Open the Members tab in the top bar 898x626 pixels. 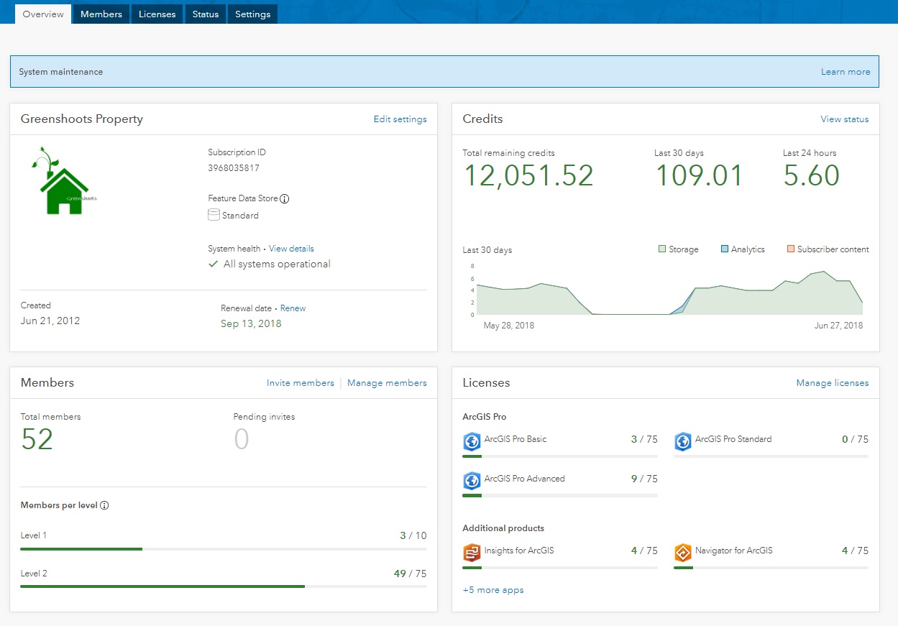tap(101, 14)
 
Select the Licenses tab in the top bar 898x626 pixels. tap(157, 14)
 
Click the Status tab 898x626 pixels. tap(206, 14)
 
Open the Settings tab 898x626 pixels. tap(253, 14)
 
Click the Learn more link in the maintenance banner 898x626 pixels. tap(846, 72)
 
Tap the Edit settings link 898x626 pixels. tap(400, 119)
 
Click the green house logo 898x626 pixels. tap(63, 182)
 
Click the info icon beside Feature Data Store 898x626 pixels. tap(284, 198)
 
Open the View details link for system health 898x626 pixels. tap(291, 249)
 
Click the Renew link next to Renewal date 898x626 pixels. tap(293, 308)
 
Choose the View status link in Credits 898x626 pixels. tap(844, 119)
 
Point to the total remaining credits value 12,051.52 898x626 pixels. tap(528, 176)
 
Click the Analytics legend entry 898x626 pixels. tap(743, 249)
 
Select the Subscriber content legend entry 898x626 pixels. tap(828, 249)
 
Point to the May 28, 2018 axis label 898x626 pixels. tap(509, 326)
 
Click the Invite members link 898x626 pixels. tap(301, 383)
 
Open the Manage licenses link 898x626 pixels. tap(832, 383)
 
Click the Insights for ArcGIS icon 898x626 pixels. tap(472, 553)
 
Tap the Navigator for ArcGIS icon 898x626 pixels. tap(682, 553)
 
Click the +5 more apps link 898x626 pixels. tap(493, 590)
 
